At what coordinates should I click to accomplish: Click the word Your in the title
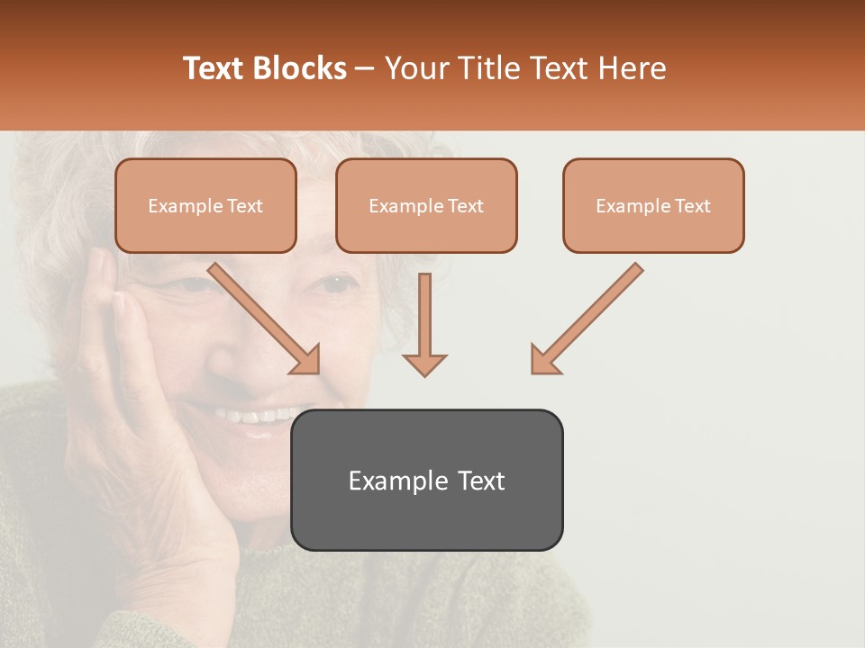click(x=417, y=68)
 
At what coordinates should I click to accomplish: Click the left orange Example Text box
click(x=205, y=206)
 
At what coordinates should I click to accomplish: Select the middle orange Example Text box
click(x=426, y=206)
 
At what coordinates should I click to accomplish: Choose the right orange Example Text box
click(x=653, y=206)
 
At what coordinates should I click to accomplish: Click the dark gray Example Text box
click(x=427, y=480)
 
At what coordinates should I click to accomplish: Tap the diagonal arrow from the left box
click(x=261, y=315)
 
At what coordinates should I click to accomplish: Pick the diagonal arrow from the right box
click(x=590, y=315)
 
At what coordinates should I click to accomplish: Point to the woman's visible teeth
click(x=257, y=417)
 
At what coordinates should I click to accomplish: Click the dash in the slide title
click(x=365, y=68)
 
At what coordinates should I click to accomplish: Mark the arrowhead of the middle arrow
click(x=424, y=364)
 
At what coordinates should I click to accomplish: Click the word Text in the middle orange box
click(x=465, y=206)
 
